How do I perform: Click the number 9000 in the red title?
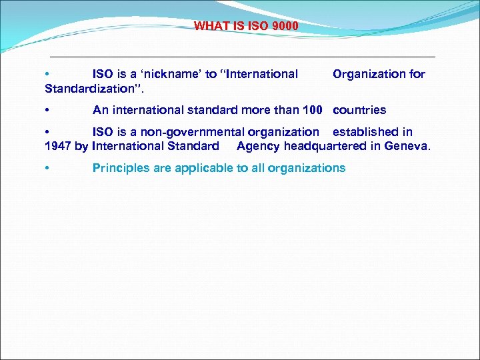285,26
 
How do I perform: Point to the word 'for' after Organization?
417,74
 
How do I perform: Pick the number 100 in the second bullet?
312,110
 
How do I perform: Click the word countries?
359,110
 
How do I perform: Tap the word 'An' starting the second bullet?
100,110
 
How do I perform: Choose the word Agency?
259,146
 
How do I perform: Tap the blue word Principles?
121,168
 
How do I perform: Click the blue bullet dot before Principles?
47,169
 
